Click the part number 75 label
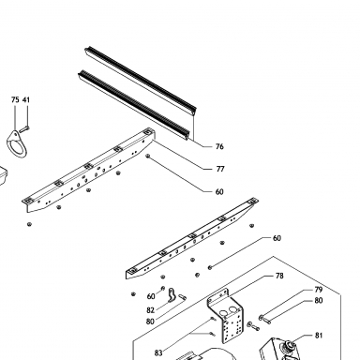(x=15, y=100)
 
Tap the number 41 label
(x=26, y=100)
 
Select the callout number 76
(x=219, y=146)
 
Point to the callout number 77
(x=220, y=169)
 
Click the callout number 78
(x=279, y=276)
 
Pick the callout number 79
(x=319, y=290)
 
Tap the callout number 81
(x=319, y=336)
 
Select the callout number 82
(x=151, y=310)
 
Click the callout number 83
(x=158, y=353)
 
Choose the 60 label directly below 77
(x=219, y=192)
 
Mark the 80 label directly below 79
(x=319, y=301)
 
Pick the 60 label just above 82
(x=151, y=296)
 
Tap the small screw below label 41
(x=24, y=128)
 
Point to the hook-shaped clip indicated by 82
(x=172, y=295)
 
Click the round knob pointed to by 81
(x=289, y=346)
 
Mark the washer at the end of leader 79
(x=261, y=318)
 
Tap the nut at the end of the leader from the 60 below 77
(x=148, y=156)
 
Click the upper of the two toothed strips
(x=141, y=81)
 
